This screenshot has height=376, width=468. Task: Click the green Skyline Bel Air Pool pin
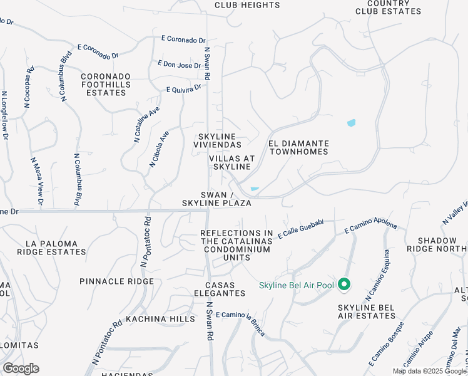(343, 285)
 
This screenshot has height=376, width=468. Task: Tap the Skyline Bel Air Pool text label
(297, 286)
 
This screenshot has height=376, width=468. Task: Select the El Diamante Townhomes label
(298, 148)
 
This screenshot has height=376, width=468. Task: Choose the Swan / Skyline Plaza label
(216, 199)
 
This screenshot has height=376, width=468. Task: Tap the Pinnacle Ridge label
(116, 281)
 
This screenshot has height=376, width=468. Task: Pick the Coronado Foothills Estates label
(105, 85)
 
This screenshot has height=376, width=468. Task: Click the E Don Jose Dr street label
(180, 64)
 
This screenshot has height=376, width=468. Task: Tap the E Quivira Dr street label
(184, 88)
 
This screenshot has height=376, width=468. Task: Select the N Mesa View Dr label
(36, 181)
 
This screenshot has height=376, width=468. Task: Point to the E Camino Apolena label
(370, 227)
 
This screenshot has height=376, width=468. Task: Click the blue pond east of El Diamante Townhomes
(351, 123)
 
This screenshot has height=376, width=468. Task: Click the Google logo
(21, 368)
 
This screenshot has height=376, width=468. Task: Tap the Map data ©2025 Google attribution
(429, 371)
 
